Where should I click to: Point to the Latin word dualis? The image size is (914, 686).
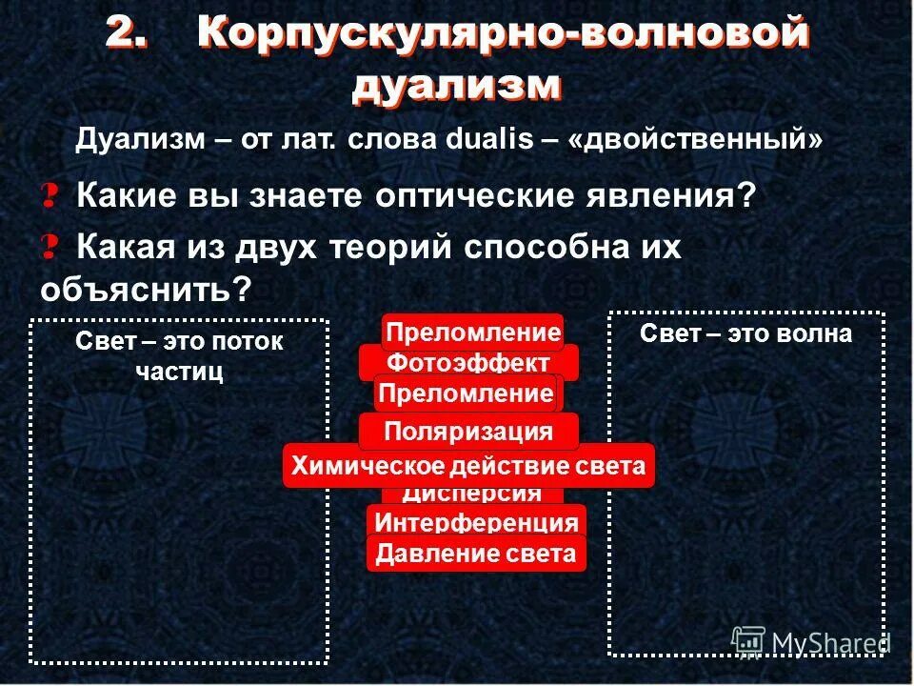click(488, 140)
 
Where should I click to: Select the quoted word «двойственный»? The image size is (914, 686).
click(695, 140)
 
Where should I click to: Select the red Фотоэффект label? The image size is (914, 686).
click(468, 363)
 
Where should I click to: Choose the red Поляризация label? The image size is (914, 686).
click(468, 432)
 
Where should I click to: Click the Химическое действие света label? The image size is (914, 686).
click(468, 466)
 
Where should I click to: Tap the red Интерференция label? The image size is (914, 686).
click(476, 522)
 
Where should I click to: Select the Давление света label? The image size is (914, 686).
click(476, 554)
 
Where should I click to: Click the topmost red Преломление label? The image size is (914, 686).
click(472, 333)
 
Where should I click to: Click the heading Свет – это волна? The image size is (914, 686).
click(745, 333)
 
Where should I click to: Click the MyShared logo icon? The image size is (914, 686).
click(749, 640)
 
